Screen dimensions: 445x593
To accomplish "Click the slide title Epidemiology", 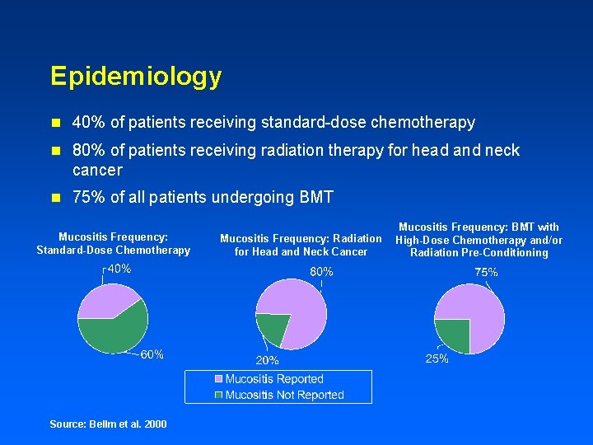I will pyautogui.click(x=136, y=77).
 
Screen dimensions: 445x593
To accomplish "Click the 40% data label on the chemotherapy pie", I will pyautogui.click(x=119, y=269).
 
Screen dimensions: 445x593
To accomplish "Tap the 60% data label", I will pyautogui.click(x=152, y=354).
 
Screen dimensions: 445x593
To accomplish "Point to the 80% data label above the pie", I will pyautogui.click(x=321, y=271).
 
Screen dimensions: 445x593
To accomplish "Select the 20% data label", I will pyautogui.click(x=267, y=360).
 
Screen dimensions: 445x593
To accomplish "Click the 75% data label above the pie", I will pyautogui.click(x=486, y=272).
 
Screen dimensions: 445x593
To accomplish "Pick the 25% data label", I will pyautogui.click(x=437, y=358).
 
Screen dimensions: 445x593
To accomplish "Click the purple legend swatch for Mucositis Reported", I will pyautogui.click(x=218, y=379).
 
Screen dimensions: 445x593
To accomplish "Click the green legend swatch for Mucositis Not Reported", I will pyautogui.click(x=218, y=395).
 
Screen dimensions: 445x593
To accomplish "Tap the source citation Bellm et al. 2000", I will pyautogui.click(x=108, y=424).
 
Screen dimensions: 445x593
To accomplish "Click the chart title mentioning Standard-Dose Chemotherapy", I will pyautogui.click(x=114, y=243).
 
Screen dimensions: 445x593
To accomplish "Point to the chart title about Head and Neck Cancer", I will pyautogui.click(x=301, y=245).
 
